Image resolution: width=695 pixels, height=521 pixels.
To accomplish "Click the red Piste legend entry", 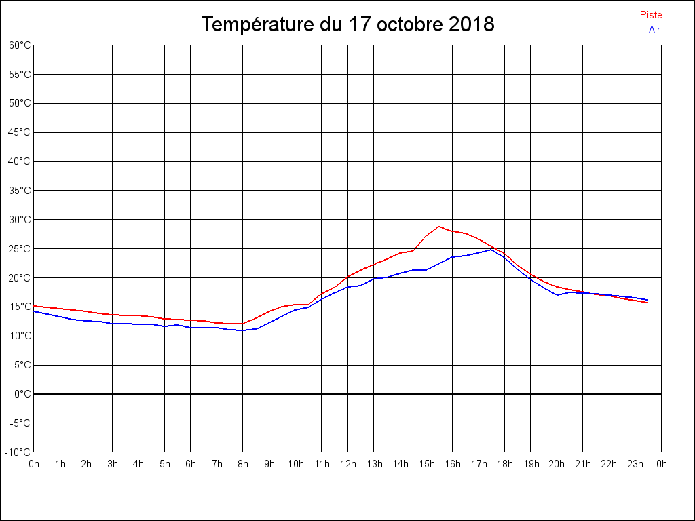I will (651, 15).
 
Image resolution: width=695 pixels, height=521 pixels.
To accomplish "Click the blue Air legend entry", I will (654, 30).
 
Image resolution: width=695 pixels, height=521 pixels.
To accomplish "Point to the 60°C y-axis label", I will (20, 45).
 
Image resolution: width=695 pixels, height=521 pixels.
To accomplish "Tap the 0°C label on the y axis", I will (22, 394).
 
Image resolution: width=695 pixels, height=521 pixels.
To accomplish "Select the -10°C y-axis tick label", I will (18, 452).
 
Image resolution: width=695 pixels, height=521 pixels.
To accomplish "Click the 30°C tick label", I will (20, 220).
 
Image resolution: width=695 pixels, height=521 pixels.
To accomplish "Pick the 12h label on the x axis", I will (347, 464).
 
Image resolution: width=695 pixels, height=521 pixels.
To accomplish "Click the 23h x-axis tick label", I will (635, 464).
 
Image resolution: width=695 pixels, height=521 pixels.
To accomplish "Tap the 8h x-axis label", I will (243, 464).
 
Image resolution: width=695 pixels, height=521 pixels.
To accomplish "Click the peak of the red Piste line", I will (439, 227).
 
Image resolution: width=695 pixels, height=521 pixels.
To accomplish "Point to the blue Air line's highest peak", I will (491, 250).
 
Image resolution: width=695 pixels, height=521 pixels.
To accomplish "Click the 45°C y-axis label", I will (20, 132).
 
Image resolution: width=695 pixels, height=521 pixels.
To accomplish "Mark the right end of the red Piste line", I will (648, 303).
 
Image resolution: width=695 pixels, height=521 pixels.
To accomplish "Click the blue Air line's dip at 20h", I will (557, 295).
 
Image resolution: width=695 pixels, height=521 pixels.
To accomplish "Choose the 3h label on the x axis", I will (112, 464).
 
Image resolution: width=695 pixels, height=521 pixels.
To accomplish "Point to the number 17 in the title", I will (359, 25).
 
